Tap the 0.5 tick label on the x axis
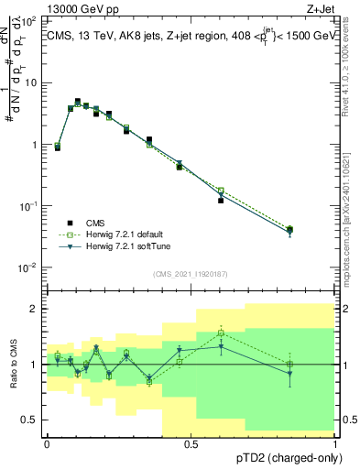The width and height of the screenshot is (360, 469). point(191,443)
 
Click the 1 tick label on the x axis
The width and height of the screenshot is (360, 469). point(335,443)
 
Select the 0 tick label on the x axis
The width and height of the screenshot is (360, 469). point(47,443)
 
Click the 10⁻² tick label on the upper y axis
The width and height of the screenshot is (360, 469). point(28,267)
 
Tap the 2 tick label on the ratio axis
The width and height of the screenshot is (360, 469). point(34,309)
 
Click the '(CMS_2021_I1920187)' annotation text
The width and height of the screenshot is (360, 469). point(191,274)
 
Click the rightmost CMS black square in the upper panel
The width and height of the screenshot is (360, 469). point(289,229)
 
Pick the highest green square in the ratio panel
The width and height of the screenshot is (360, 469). point(221,333)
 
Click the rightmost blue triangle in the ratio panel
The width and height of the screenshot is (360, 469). point(289,373)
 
